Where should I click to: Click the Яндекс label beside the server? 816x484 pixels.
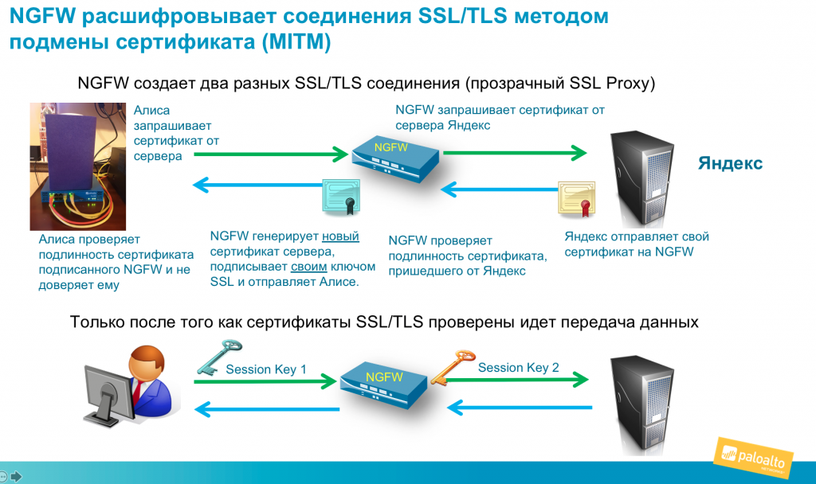(x=730, y=163)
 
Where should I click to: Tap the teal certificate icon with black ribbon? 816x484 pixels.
(x=341, y=197)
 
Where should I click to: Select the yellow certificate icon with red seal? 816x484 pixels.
(x=577, y=198)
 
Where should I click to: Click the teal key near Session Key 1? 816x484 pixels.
(x=219, y=357)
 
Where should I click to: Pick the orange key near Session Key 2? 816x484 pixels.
(x=453, y=367)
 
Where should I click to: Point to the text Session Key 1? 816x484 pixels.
(x=266, y=369)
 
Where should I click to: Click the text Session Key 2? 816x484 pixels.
(x=518, y=368)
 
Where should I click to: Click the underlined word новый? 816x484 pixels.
(x=340, y=236)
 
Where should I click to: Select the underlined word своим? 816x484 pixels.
(x=308, y=267)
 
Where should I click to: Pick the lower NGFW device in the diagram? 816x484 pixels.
(x=383, y=385)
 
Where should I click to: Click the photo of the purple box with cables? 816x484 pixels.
(x=78, y=166)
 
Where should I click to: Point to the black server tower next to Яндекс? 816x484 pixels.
(x=641, y=178)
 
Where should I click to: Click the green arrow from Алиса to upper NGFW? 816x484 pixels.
(x=271, y=154)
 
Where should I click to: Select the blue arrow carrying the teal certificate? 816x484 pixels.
(x=257, y=185)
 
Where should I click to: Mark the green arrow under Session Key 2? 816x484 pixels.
(x=516, y=380)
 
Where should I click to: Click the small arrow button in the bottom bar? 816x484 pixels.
(x=16, y=476)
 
